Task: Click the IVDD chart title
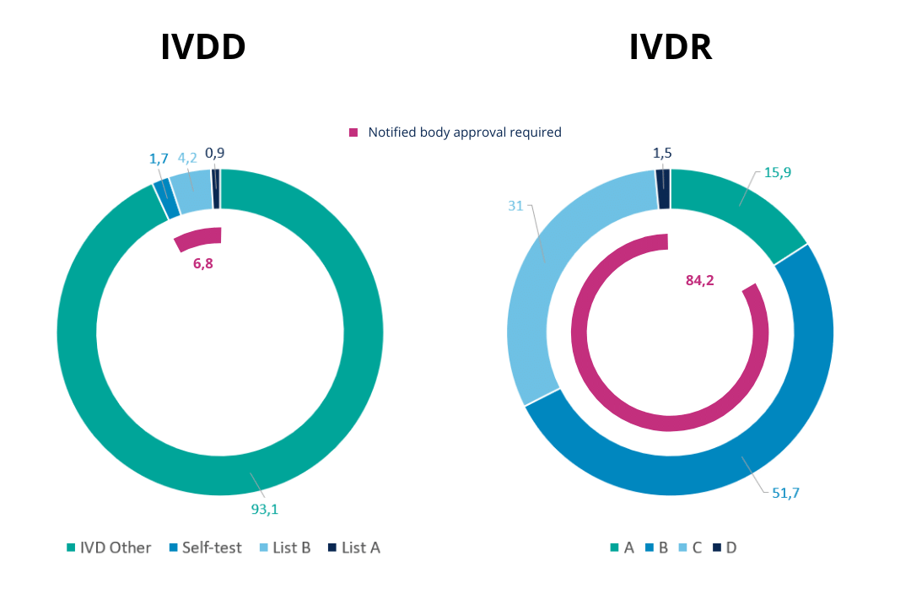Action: point(203,47)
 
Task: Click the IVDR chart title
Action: point(671,47)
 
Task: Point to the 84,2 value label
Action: point(699,281)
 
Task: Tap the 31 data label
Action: point(516,206)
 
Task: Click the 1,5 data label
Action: point(662,153)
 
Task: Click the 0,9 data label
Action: point(215,153)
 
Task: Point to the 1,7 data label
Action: point(159,158)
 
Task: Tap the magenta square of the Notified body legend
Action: point(353,132)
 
